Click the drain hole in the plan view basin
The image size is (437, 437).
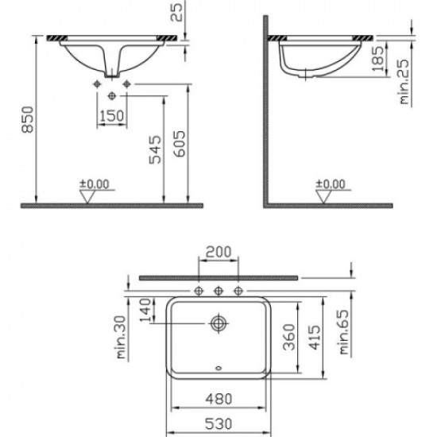(218, 323)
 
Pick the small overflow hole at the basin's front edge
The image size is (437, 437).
(218, 369)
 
